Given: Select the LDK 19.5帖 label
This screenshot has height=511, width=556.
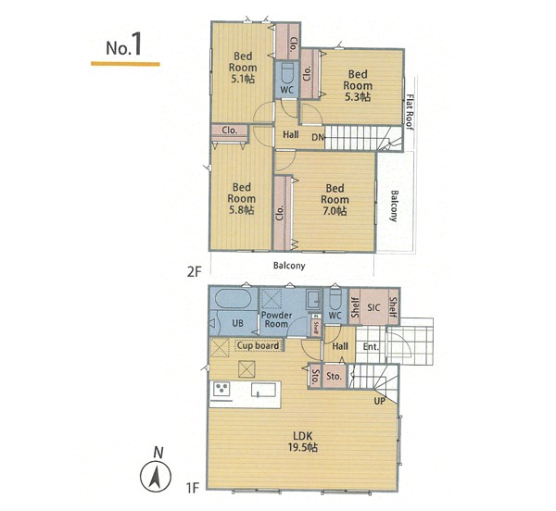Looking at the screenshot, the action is pyautogui.click(x=302, y=442).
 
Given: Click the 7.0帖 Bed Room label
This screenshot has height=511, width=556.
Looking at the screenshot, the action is pyautogui.click(x=335, y=199).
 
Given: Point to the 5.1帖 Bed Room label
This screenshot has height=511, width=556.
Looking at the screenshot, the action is pyautogui.click(x=243, y=68).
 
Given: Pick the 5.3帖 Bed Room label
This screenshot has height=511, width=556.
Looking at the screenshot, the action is pyautogui.click(x=358, y=85).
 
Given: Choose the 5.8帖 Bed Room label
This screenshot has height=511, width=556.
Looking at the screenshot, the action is pyautogui.click(x=242, y=198).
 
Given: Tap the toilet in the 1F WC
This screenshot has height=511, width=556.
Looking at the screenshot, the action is pyautogui.click(x=335, y=298).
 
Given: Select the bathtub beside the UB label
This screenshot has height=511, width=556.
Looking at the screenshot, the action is pyautogui.click(x=234, y=299).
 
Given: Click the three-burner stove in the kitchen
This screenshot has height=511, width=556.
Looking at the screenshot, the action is pyautogui.click(x=222, y=389).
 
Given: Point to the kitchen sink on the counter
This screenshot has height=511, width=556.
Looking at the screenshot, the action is pyautogui.click(x=263, y=390).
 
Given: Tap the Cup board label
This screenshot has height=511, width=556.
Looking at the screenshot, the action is pyautogui.click(x=259, y=345).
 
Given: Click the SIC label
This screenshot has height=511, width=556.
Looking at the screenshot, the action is pyautogui.click(x=373, y=307).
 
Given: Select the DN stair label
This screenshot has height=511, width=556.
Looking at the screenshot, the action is pyautogui.click(x=318, y=137).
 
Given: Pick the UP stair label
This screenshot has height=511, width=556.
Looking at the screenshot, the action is pyautogui.click(x=379, y=401).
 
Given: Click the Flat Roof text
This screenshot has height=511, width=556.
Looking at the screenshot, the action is pyautogui.click(x=410, y=112).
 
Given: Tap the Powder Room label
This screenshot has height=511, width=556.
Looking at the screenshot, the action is pyautogui.click(x=276, y=319).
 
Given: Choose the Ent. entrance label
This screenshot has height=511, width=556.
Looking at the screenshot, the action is pyautogui.click(x=371, y=347).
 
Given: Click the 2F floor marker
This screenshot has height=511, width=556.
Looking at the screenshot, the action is pyautogui.click(x=194, y=272).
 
